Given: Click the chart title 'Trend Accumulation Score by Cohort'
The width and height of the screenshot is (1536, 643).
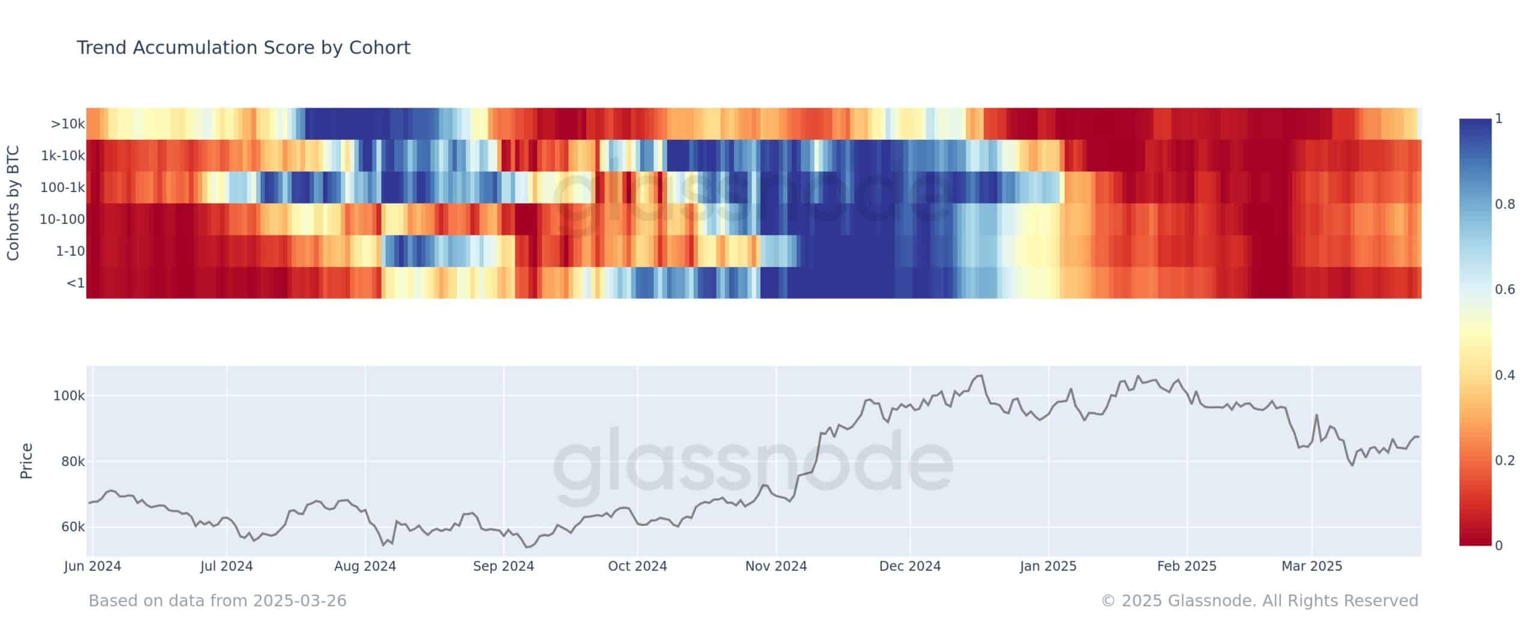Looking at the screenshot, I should [243, 47].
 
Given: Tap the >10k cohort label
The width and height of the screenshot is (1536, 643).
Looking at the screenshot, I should [68, 124].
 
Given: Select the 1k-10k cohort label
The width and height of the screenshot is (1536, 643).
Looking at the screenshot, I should [62, 156].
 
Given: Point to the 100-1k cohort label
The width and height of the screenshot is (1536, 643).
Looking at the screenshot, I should [62, 187].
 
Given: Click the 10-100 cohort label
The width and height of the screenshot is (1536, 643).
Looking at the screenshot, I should [62, 219].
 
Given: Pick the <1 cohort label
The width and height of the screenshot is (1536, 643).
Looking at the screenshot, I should [75, 282].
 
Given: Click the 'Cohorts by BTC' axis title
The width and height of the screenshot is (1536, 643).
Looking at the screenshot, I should [13, 203].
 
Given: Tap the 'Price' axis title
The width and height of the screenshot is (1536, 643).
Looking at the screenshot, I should [26, 461].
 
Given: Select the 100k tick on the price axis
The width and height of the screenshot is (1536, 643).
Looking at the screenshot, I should [70, 396].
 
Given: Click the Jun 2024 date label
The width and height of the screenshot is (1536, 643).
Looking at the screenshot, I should [92, 566].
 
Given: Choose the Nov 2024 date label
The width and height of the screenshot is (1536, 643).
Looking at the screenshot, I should [776, 566].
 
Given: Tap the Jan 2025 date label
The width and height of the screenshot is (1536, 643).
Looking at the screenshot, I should [1048, 566].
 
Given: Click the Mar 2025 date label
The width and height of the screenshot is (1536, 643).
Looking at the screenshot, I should [1312, 566].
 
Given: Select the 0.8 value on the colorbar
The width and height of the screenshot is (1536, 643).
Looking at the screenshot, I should [1504, 204].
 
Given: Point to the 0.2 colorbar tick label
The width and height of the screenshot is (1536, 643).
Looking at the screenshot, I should [1504, 460].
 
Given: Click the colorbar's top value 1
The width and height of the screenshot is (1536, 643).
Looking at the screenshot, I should [1499, 119].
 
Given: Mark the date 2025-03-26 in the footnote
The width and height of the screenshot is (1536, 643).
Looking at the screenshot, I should [299, 600].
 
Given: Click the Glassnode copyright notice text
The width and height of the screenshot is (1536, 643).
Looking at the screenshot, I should [1259, 600].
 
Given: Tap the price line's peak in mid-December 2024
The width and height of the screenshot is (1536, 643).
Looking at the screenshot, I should [980, 376].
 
